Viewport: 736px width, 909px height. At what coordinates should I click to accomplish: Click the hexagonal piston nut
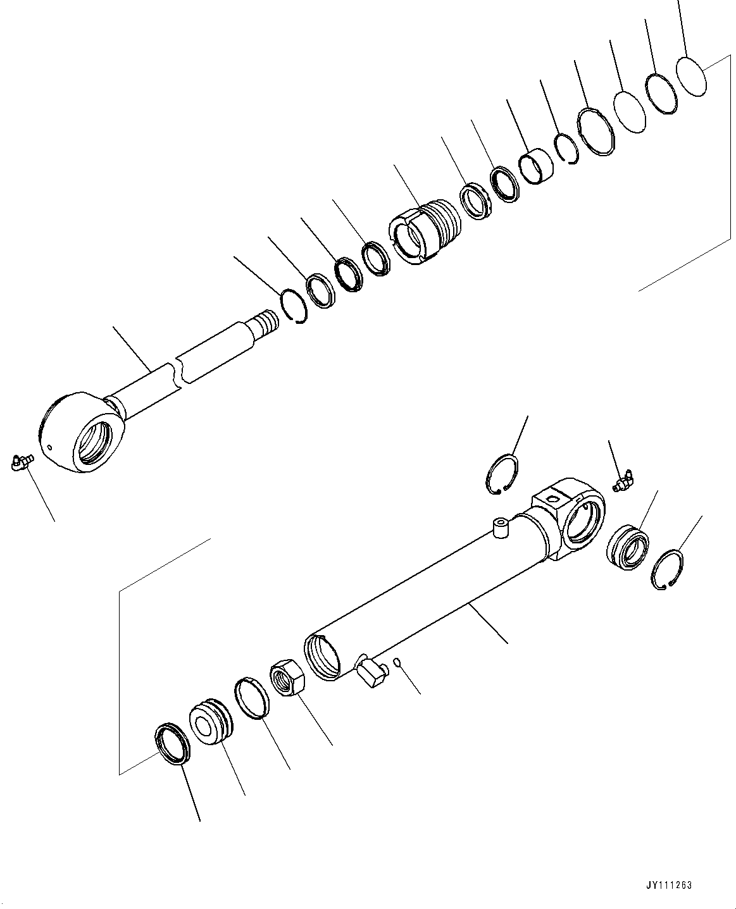[288, 678]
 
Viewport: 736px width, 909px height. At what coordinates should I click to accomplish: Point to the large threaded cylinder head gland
[422, 230]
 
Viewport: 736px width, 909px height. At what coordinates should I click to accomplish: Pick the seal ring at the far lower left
[172, 744]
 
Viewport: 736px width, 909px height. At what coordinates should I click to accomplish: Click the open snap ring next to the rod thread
[294, 305]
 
